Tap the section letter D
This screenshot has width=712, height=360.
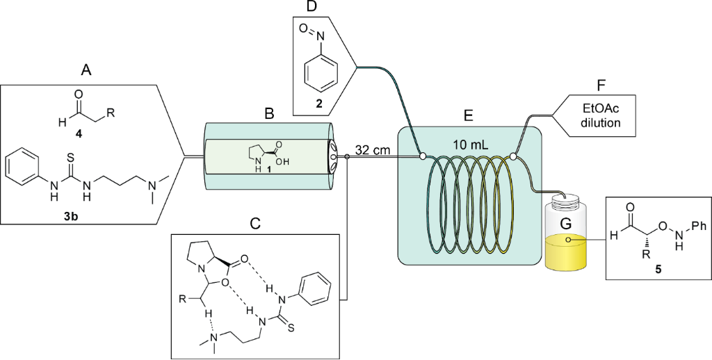point(312,8)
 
